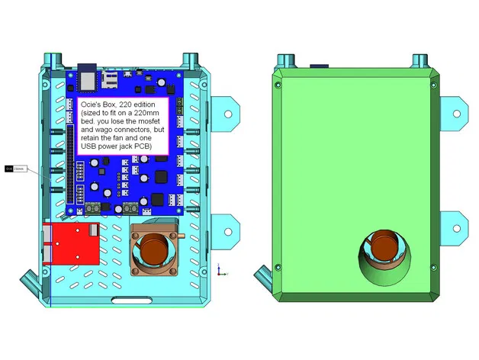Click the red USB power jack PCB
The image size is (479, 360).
[72, 243]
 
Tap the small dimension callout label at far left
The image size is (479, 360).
[16, 169]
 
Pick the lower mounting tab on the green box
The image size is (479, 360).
[456, 228]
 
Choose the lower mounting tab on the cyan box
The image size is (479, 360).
[227, 228]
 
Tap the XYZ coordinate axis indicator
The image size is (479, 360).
[220, 269]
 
